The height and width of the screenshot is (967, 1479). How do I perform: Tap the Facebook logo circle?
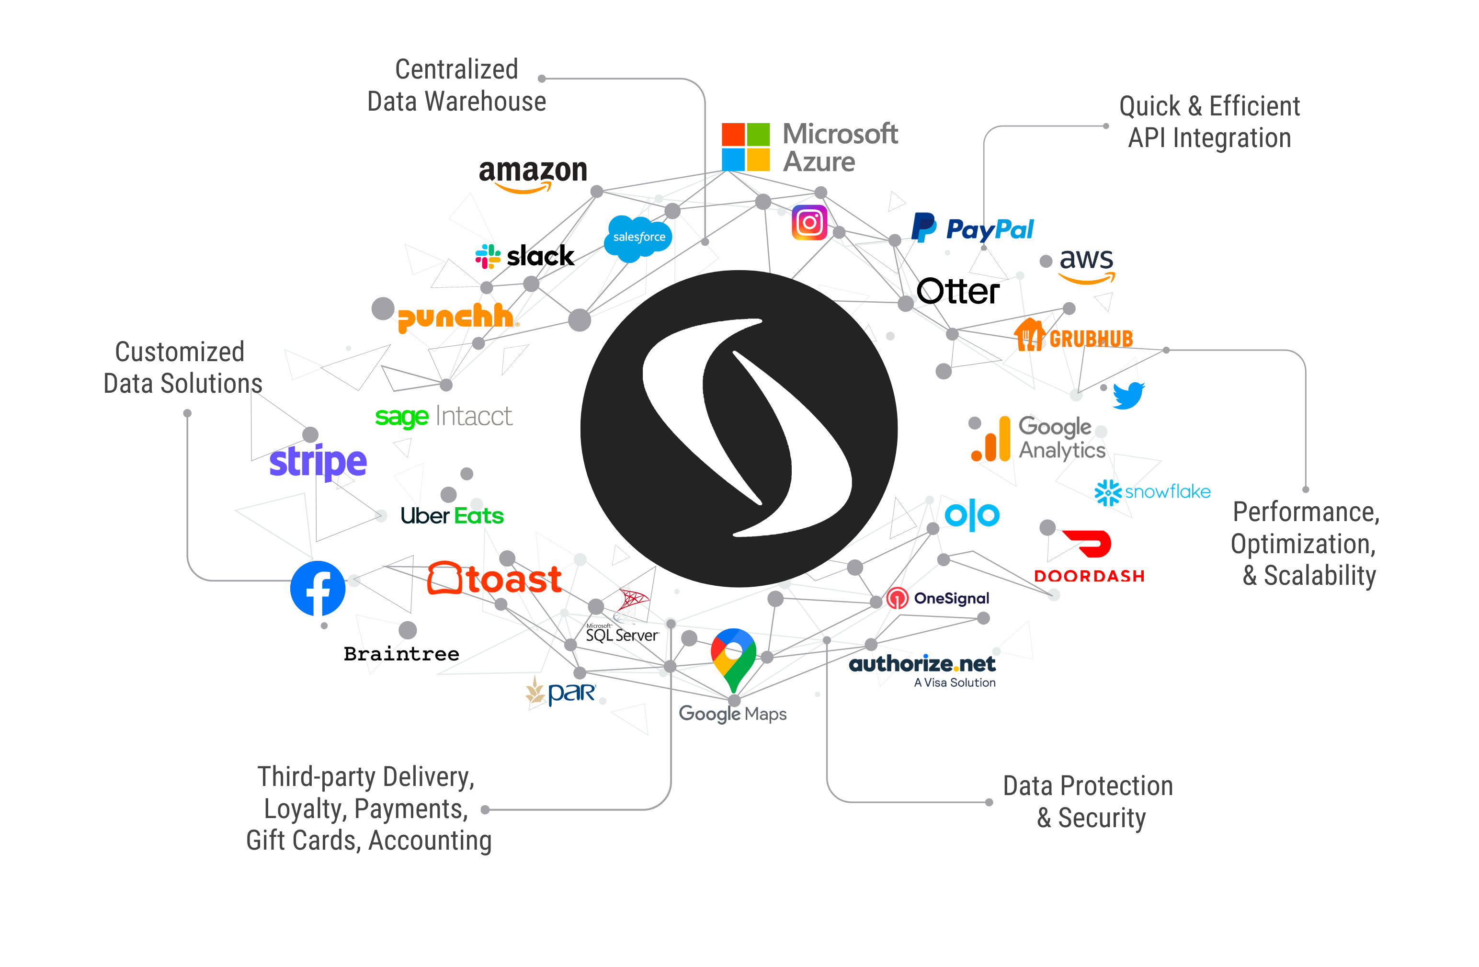318,589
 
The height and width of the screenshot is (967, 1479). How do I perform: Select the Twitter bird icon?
1128,395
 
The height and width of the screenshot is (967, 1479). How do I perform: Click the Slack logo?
488,256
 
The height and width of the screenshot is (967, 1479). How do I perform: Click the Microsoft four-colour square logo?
745,147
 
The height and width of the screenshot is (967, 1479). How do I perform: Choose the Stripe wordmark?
318,461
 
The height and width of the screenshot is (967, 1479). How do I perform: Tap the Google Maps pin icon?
734,659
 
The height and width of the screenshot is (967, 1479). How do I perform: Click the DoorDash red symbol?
1088,544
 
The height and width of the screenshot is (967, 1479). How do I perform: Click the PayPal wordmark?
990,230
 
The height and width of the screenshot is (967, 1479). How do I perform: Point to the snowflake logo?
1153,492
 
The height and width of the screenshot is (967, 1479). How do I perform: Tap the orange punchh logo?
457,317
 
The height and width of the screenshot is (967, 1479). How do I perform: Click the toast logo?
495,579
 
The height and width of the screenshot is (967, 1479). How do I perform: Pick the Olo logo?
972,514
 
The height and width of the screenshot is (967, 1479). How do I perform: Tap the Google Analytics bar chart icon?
992,440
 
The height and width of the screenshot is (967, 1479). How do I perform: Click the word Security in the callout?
1102,818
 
